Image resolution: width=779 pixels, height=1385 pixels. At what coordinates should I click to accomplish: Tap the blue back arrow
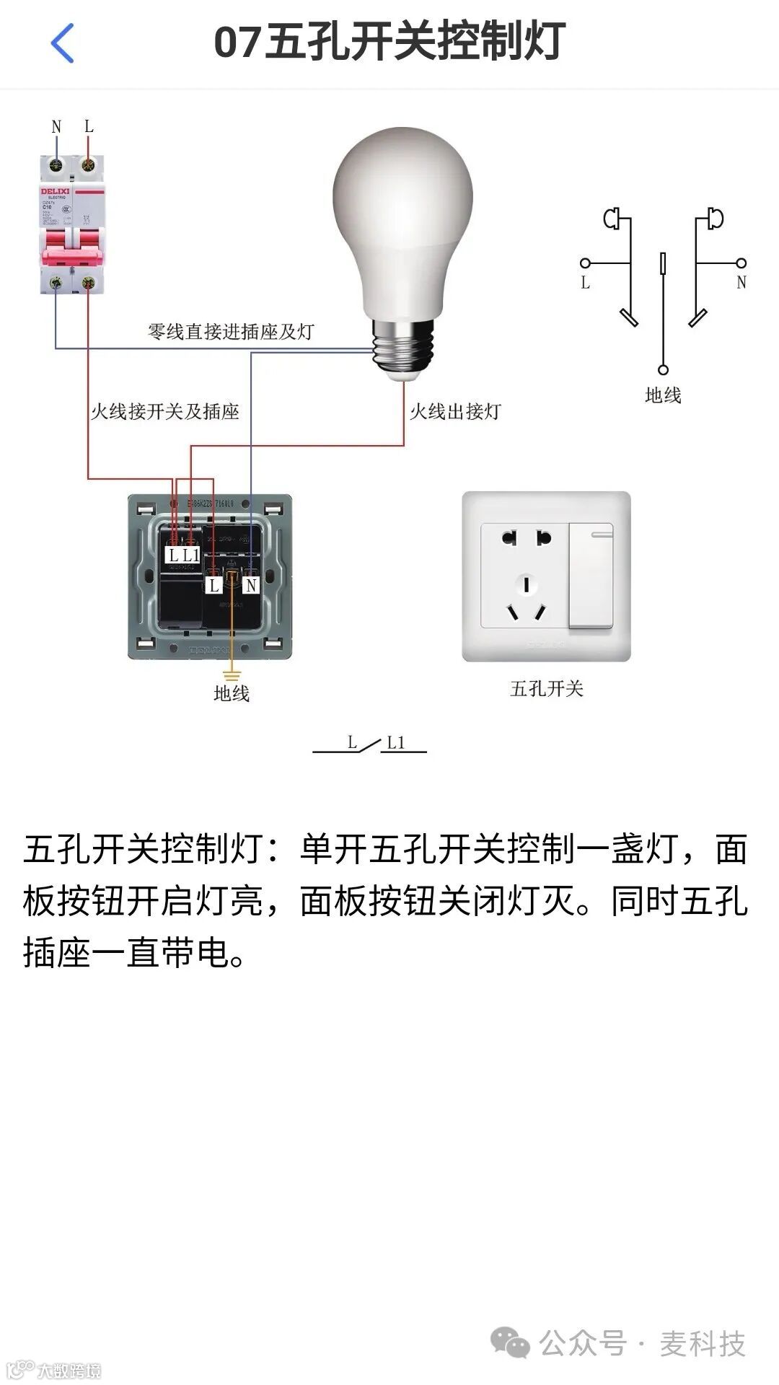(63, 43)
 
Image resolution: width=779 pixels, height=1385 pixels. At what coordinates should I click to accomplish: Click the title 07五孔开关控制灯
(389, 43)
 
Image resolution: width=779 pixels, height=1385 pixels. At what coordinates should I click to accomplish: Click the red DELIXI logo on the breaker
(55, 192)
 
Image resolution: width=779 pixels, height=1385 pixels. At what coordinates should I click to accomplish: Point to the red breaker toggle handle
(72, 253)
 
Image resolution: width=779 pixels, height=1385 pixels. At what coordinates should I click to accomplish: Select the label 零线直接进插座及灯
(231, 332)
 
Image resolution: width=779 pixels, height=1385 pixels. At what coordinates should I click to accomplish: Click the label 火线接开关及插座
(164, 412)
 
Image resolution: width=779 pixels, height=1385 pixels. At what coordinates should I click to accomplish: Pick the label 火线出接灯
(455, 412)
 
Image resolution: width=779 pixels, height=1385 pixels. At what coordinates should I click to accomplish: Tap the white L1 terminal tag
(191, 555)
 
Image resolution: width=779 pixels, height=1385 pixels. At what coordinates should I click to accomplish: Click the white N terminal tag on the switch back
(250, 585)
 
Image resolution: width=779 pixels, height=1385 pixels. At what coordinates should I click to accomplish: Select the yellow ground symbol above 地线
(231, 676)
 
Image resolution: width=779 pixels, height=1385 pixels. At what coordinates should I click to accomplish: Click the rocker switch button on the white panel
(591, 576)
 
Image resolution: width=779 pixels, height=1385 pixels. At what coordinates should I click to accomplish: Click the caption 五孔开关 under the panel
(546, 689)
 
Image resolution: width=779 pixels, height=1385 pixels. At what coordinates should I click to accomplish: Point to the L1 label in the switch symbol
(396, 742)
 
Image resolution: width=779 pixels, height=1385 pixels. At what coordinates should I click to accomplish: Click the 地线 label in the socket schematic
(663, 395)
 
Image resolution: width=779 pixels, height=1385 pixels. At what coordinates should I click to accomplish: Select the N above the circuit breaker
(56, 127)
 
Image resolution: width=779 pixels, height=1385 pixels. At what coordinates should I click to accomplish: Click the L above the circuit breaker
(89, 126)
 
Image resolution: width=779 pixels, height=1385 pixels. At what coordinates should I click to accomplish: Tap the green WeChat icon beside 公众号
(510, 1344)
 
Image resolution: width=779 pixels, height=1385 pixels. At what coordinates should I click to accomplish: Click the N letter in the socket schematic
(741, 283)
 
